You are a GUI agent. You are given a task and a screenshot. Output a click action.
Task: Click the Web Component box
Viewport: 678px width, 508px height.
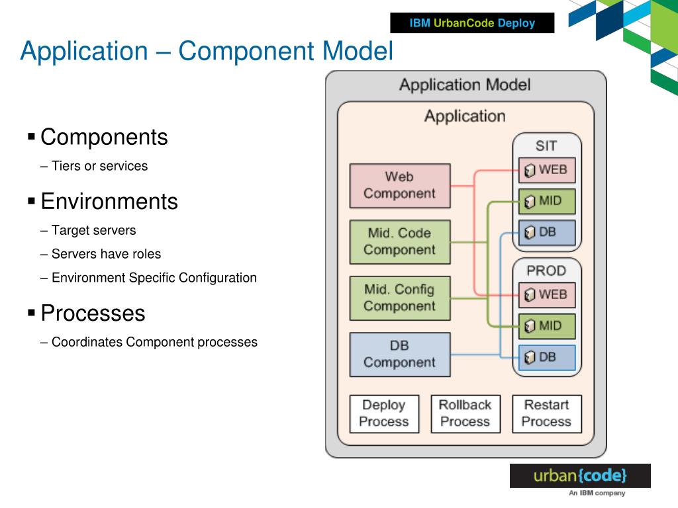click(400, 186)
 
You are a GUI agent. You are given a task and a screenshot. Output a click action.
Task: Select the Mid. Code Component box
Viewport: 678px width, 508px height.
click(400, 242)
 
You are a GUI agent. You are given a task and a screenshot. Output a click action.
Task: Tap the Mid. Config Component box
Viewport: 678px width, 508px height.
click(400, 298)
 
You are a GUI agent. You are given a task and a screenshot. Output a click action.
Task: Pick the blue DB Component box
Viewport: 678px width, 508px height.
click(400, 355)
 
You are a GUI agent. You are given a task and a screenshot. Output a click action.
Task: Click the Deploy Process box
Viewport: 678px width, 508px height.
click(384, 414)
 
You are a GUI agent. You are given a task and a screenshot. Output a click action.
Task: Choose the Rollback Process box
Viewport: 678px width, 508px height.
click(465, 414)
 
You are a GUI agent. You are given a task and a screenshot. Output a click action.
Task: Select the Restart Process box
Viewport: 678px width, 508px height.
click(546, 414)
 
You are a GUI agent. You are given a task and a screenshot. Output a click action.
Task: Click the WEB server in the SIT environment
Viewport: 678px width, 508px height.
click(547, 170)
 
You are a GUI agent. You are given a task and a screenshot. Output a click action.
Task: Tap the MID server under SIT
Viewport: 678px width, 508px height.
click(547, 201)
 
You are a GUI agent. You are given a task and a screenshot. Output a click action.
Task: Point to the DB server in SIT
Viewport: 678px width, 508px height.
click(547, 232)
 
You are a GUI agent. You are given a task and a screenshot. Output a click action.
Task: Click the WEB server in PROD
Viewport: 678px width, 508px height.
click(547, 295)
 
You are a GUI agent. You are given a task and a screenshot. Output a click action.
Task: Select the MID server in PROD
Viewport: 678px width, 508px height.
click(547, 326)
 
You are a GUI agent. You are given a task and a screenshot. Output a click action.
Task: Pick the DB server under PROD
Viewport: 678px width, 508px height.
click(547, 358)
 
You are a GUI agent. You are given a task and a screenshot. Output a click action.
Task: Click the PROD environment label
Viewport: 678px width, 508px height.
click(546, 271)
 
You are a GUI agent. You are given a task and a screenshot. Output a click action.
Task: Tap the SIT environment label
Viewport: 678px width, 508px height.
click(546, 146)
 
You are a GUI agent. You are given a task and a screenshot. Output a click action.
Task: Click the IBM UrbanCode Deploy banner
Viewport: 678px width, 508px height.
click(472, 23)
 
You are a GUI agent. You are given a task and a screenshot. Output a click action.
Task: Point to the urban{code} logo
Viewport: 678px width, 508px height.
click(580, 476)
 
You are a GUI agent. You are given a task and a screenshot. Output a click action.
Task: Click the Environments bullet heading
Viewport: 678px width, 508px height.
click(109, 201)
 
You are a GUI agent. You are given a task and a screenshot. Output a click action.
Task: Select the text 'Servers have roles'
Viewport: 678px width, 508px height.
click(107, 253)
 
